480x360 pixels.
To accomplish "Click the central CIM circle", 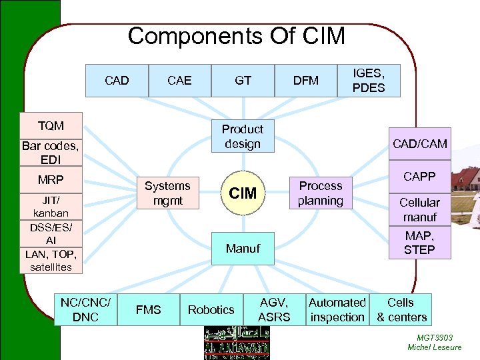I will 243,193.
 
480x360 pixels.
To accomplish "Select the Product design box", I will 243,136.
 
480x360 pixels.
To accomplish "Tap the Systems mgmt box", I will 167,193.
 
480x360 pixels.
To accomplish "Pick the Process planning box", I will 320,193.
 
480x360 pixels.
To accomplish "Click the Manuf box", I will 243,249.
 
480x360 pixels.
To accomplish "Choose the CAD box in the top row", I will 117,81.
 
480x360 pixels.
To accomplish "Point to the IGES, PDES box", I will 369,80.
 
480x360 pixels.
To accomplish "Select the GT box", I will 243,81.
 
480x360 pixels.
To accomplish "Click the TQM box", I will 51,125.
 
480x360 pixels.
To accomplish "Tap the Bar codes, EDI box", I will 51,153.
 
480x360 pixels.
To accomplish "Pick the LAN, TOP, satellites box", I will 51,261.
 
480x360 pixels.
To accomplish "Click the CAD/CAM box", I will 420,144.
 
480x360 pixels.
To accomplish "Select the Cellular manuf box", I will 419,209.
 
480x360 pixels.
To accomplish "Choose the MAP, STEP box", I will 419,243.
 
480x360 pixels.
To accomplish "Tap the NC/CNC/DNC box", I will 85,309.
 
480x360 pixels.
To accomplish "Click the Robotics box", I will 211,309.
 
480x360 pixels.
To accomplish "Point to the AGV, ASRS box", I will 274,309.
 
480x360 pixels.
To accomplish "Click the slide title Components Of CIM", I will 236,36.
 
